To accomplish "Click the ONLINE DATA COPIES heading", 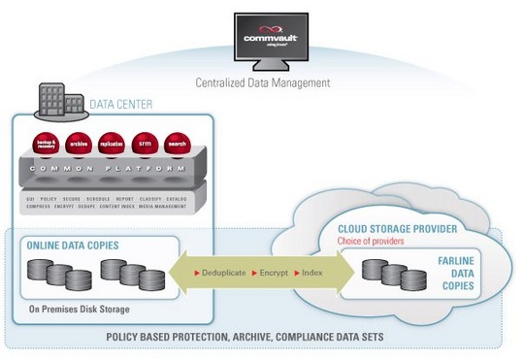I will coord(73,245).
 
